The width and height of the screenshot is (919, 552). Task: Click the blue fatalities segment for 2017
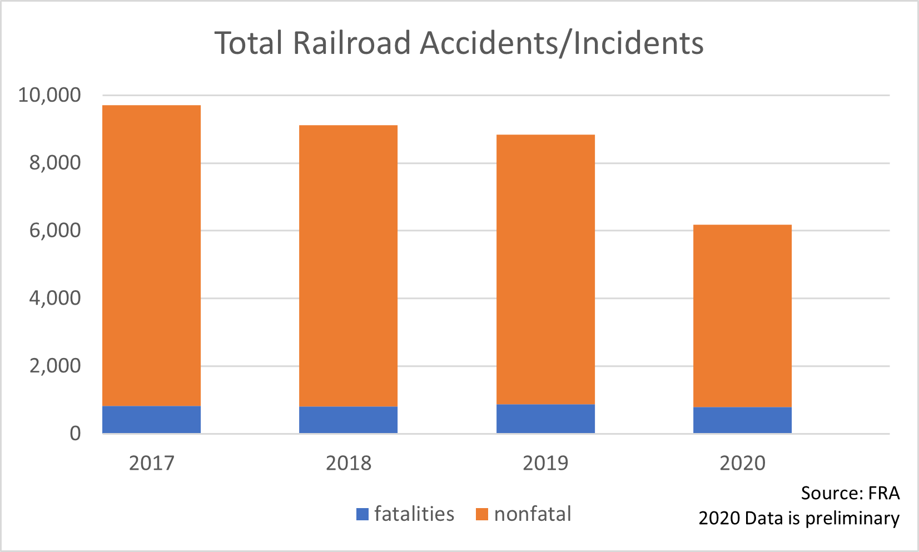click(151, 420)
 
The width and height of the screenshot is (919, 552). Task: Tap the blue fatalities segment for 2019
click(545, 419)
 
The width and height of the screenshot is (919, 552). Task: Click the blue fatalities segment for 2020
click(742, 420)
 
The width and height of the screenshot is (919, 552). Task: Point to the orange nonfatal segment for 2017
click(151, 256)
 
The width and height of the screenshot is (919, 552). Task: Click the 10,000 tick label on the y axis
click(49, 95)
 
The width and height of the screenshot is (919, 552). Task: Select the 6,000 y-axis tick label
click(55, 230)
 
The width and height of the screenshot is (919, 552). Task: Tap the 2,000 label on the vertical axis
click(55, 366)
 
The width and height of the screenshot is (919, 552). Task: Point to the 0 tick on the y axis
click(75, 434)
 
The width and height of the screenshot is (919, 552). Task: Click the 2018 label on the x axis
click(348, 463)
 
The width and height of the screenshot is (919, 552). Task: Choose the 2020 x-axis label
click(742, 463)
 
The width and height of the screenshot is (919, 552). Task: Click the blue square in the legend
click(362, 514)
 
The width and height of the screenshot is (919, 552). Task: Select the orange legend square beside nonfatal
click(482, 514)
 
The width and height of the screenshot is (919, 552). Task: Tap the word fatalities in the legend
click(414, 514)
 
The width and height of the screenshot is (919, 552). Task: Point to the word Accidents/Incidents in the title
click(562, 43)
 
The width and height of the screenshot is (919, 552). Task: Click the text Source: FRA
click(850, 493)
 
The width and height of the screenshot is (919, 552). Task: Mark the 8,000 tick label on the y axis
click(55, 163)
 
